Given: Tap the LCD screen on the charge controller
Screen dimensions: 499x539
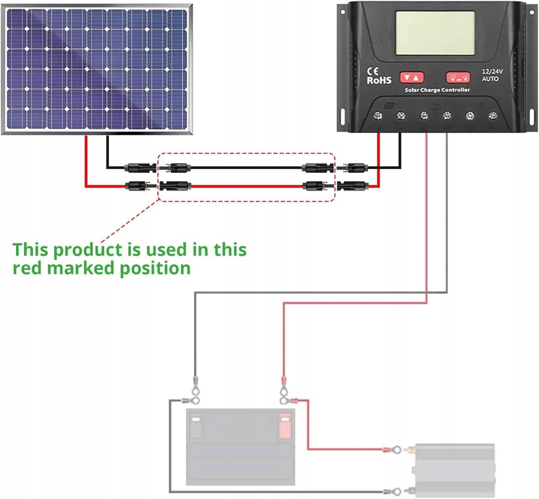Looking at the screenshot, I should pyautogui.click(x=435, y=33).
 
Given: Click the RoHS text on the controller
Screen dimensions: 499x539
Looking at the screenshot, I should pyautogui.click(x=379, y=80).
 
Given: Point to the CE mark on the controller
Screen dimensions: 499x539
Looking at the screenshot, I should pyautogui.click(x=372, y=71).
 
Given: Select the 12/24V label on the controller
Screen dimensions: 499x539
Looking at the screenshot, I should pyautogui.click(x=492, y=72).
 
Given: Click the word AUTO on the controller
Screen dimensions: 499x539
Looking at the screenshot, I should pyautogui.click(x=490, y=79).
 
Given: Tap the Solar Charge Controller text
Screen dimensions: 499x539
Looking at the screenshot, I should pyautogui.click(x=437, y=90).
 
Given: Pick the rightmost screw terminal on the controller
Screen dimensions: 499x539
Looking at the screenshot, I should pyautogui.click(x=493, y=115).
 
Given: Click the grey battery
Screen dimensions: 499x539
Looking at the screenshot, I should pyautogui.click(x=240, y=446).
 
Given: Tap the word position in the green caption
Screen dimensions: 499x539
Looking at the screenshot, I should pyautogui.click(x=155, y=268).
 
